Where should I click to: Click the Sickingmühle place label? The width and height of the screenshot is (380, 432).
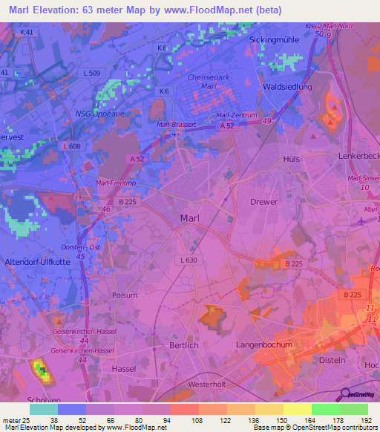coord(278,39)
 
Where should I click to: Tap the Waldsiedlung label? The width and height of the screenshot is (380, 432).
coord(287,87)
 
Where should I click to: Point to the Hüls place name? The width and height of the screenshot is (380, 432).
coord(292,160)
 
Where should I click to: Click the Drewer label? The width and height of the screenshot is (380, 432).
coord(264,202)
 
